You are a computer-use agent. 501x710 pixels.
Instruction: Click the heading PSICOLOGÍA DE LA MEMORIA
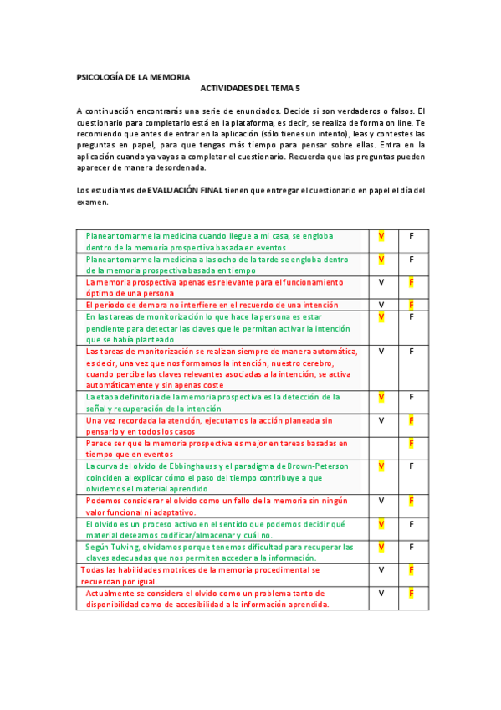point(133,76)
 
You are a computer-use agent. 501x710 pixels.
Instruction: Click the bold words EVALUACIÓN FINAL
point(185,191)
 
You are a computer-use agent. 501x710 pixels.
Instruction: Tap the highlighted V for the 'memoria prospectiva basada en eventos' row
point(381,236)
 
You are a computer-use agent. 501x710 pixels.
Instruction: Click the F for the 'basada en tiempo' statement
point(411,260)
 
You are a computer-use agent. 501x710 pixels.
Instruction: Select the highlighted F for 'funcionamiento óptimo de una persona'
point(411,282)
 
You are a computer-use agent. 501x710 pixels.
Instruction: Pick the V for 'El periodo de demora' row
point(381,305)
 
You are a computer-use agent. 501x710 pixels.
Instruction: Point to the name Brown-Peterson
point(319,466)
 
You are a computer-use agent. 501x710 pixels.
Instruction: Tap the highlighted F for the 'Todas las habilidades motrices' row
point(411,569)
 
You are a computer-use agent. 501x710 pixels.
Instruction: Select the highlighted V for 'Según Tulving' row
point(381,547)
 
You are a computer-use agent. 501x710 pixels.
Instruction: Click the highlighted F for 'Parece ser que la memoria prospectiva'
point(411,443)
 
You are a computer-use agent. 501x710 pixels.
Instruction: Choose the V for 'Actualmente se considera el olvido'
point(381,593)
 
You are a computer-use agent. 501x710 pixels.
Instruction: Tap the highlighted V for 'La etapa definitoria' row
point(381,396)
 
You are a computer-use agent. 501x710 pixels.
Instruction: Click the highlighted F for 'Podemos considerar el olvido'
point(411,501)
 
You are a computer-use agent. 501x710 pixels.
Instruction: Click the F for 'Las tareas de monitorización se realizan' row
point(411,351)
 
